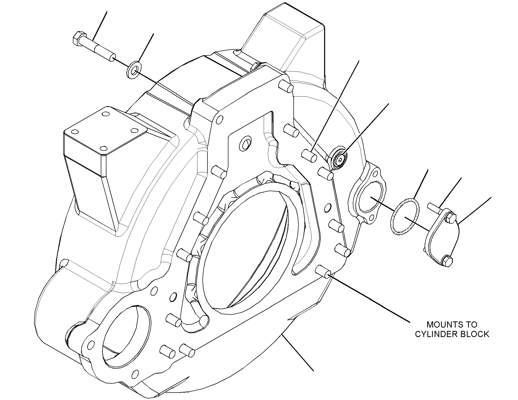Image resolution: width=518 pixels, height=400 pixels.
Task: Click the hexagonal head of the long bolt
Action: pos(78,39)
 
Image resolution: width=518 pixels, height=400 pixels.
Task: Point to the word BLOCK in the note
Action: pos(475,334)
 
